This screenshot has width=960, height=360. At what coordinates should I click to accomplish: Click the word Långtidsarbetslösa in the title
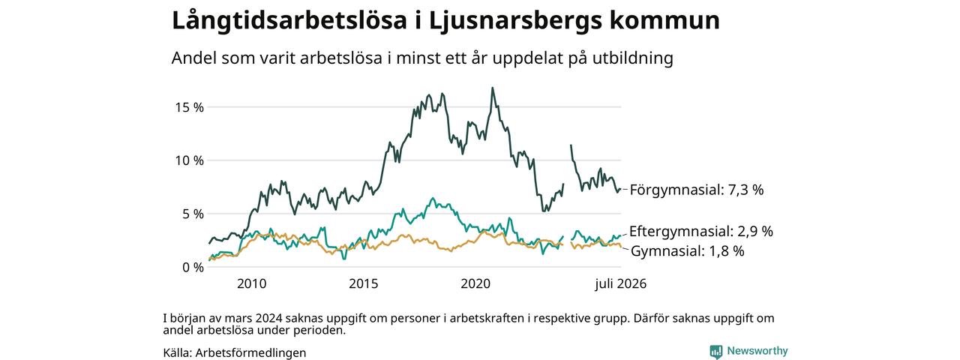click(x=289, y=21)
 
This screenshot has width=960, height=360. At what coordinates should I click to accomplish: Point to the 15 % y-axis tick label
click(x=189, y=107)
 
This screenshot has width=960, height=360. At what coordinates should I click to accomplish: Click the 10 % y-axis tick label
click(x=189, y=160)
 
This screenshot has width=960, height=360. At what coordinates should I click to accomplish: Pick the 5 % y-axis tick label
click(x=193, y=214)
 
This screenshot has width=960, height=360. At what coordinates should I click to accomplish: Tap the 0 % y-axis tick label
click(x=193, y=268)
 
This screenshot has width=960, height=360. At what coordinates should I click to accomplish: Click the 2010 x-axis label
click(x=251, y=283)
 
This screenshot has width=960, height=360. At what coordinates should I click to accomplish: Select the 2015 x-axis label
click(x=364, y=283)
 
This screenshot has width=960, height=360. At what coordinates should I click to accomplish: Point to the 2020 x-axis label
click(x=475, y=283)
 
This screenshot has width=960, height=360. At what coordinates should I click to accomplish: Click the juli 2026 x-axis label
click(x=620, y=283)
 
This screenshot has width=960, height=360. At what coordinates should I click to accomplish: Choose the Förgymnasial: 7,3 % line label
click(x=697, y=190)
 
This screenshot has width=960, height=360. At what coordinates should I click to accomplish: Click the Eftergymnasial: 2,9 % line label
click(x=701, y=232)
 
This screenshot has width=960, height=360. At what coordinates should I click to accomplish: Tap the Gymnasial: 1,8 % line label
click(x=688, y=251)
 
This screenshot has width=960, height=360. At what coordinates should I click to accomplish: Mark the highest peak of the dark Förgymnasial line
click(x=493, y=88)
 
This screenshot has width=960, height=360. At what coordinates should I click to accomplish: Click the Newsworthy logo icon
click(x=716, y=352)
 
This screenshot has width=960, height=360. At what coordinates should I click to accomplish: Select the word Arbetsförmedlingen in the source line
click(x=250, y=353)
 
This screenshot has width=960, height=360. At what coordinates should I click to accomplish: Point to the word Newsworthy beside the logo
click(x=757, y=351)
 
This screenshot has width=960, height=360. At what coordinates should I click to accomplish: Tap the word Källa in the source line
click(x=178, y=353)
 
